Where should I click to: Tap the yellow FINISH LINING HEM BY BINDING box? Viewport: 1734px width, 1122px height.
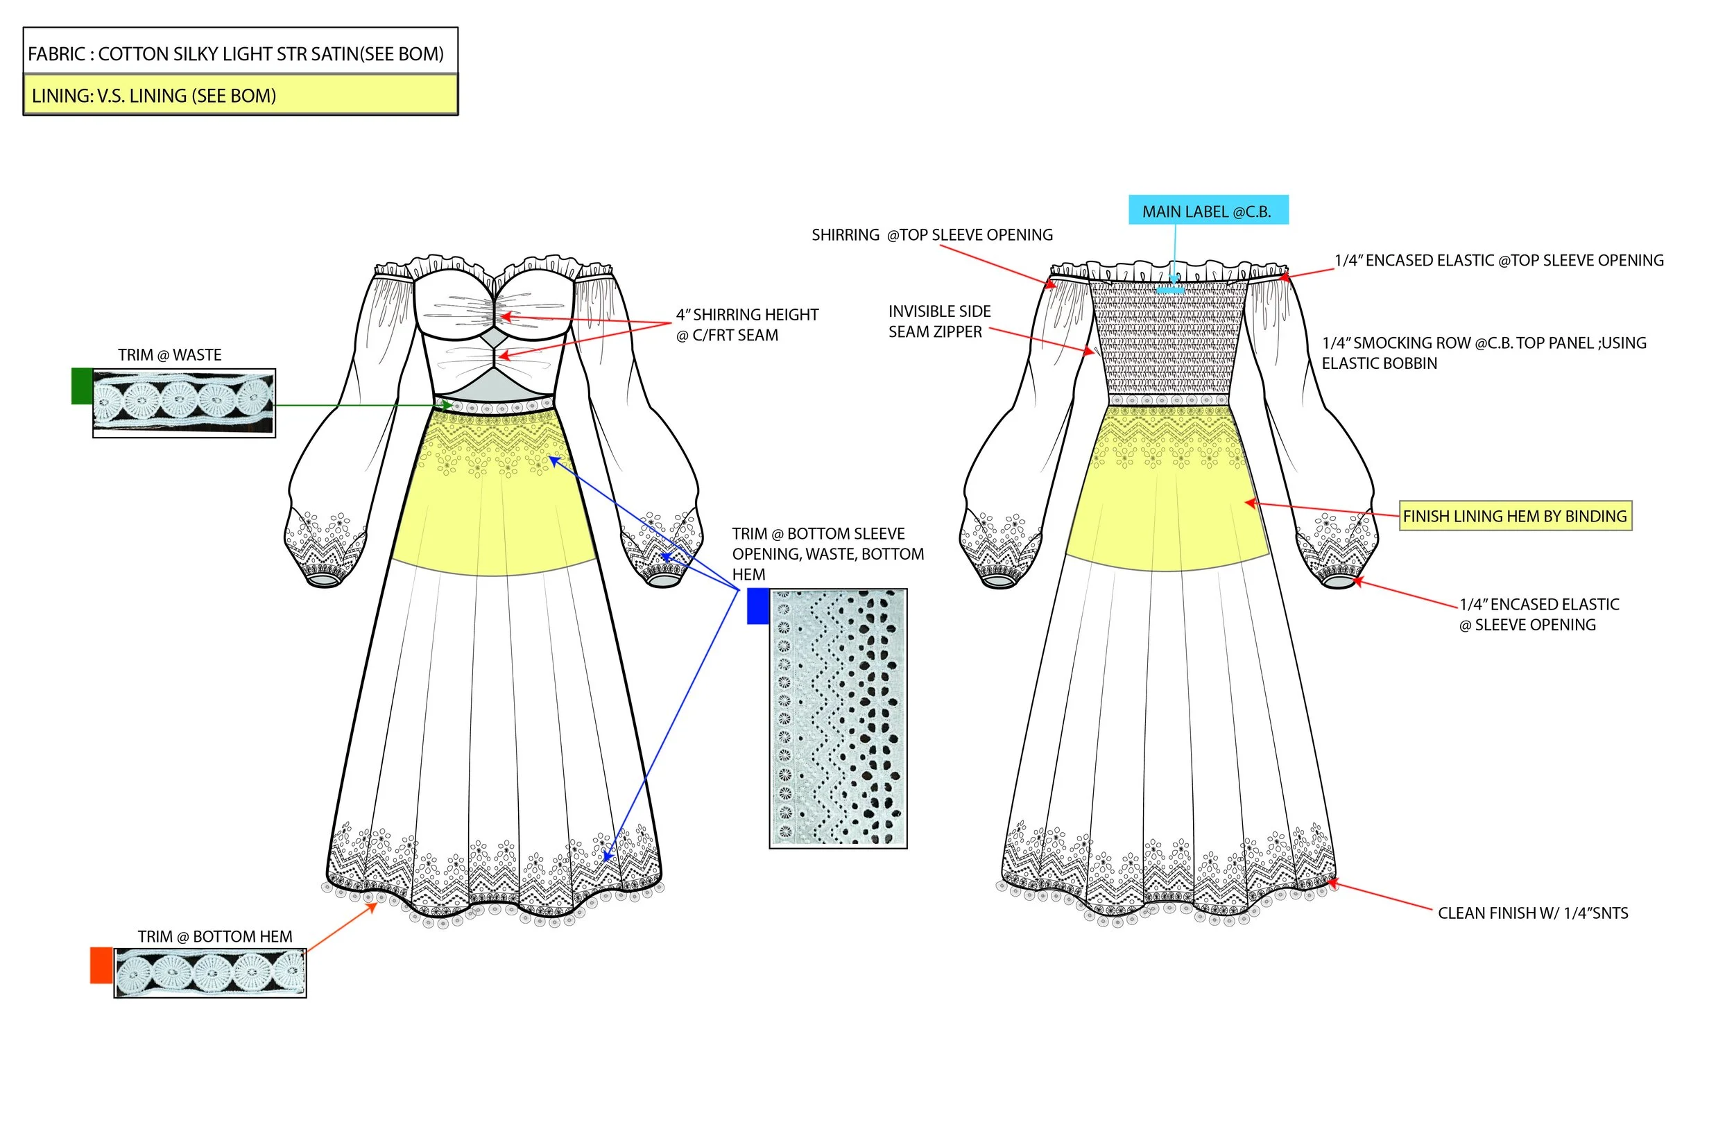coord(1515,516)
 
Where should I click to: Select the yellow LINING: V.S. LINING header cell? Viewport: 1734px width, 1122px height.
coord(241,96)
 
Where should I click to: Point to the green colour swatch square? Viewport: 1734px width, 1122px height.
coord(82,386)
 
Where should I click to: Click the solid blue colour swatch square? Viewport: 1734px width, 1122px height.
coord(757,606)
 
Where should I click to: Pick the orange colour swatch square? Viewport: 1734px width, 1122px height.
coord(101,965)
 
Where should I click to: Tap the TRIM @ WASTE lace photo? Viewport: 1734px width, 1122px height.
coord(184,403)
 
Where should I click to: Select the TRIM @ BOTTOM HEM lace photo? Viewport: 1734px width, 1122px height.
coord(210,973)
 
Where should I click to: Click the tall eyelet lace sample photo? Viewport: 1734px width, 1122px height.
coord(838,718)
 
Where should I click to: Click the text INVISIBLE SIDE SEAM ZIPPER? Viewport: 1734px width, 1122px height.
coord(938,321)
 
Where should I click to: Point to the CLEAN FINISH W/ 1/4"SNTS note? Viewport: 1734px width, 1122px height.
coord(1532,913)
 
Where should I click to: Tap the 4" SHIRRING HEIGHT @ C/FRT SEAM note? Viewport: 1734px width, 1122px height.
coord(747,325)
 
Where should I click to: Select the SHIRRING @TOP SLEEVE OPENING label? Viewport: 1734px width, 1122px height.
coord(932,234)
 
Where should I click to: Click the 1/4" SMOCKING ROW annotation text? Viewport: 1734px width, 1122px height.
coord(1484,353)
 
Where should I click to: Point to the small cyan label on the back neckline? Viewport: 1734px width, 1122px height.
coord(1170,290)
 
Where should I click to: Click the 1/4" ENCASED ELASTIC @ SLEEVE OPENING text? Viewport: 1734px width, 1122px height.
coord(1538,614)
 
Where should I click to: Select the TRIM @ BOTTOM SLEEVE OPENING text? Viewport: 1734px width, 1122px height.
coord(827,553)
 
